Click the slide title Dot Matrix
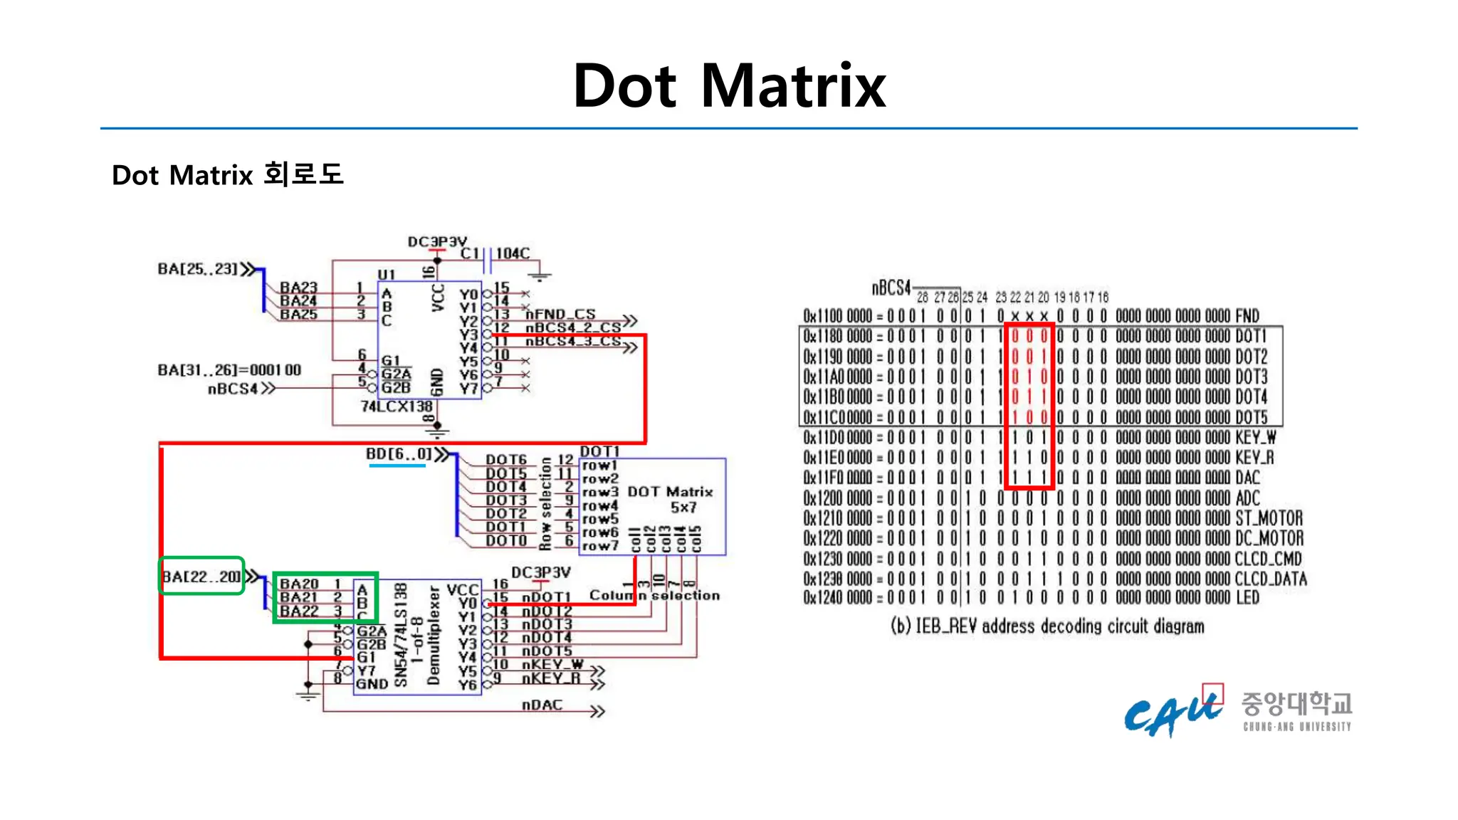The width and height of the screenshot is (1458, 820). click(x=729, y=86)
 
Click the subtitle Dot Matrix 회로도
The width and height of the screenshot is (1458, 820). click(x=227, y=174)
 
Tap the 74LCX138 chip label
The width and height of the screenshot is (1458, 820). click(x=397, y=406)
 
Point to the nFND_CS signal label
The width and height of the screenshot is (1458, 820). click(x=560, y=314)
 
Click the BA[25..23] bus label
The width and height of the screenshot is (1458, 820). click(x=198, y=269)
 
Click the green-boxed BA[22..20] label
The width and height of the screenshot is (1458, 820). click(x=201, y=576)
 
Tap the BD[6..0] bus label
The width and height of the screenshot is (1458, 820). click(x=399, y=454)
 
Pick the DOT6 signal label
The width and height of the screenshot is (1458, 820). click(x=506, y=460)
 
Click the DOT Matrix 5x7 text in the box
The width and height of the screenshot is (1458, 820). click(x=671, y=499)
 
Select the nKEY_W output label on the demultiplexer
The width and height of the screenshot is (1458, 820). click(x=552, y=665)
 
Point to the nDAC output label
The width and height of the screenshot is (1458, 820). click(x=542, y=705)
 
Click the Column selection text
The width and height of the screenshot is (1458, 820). click(x=654, y=595)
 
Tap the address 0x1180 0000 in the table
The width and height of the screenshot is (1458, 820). click(x=838, y=336)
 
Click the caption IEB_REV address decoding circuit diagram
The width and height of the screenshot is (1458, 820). click(x=1047, y=626)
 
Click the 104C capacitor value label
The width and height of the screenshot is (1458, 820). click(x=513, y=253)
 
